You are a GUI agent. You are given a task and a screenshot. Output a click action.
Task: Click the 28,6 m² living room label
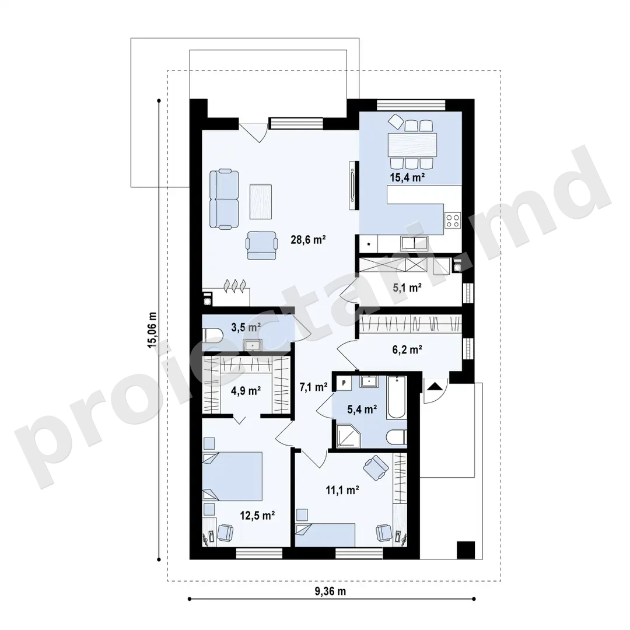pyautogui.click(x=308, y=240)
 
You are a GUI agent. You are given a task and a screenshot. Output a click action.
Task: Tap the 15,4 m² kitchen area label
pyautogui.click(x=407, y=177)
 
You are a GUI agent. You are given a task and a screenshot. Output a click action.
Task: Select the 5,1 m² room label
pyautogui.click(x=407, y=287)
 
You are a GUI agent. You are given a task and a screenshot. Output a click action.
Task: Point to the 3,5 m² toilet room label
pyautogui.click(x=246, y=327)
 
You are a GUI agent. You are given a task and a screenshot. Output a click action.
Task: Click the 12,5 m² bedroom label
pyautogui.click(x=257, y=515)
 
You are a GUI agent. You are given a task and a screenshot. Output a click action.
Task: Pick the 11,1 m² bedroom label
pyautogui.click(x=342, y=490)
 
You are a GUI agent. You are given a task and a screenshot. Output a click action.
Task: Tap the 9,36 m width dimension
pyautogui.click(x=330, y=591)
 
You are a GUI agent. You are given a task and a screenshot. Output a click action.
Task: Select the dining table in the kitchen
pyautogui.click(x=412, y=145)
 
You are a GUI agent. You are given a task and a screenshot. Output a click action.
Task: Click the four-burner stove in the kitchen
pyautogui.click(x=453, y=219)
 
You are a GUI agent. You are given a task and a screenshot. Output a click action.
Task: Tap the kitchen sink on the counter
pyautogui.click(x=414, y=243)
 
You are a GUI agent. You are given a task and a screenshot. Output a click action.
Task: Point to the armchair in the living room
pyautogui.click(x=262, y=245)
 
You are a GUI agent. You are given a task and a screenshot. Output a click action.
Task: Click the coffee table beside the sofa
pyautogui.click(x=260, y=202)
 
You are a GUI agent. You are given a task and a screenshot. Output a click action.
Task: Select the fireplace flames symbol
pyautogui.click(x=235, y=286)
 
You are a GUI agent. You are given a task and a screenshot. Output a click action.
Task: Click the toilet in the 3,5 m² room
pyautogui.click(x=212, y=335)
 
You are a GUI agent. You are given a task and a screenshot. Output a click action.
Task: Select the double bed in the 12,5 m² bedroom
pyautogui.click(x=232, y=476)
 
